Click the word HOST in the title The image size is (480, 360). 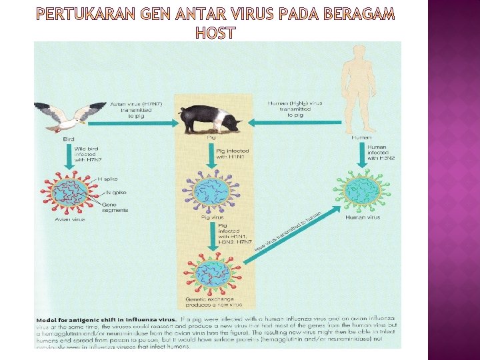coord(214,32)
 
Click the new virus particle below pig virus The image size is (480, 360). coord(212,277)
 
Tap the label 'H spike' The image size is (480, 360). coord(109,179)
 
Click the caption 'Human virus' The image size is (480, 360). coord(363,217)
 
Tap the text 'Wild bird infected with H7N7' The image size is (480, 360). coord(88,154)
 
